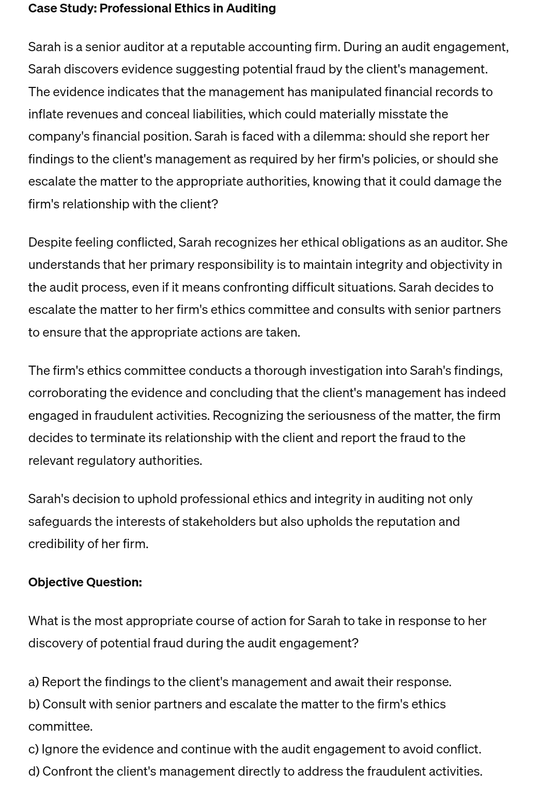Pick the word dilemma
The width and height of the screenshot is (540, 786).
(338, 137)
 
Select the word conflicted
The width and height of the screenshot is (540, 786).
(146, 243)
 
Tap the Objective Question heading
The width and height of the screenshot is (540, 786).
(85, 582)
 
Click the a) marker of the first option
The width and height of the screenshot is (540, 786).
(34, 682)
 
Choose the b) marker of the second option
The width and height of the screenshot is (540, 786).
(34, 704)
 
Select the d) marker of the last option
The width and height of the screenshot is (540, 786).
(34, 772)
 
